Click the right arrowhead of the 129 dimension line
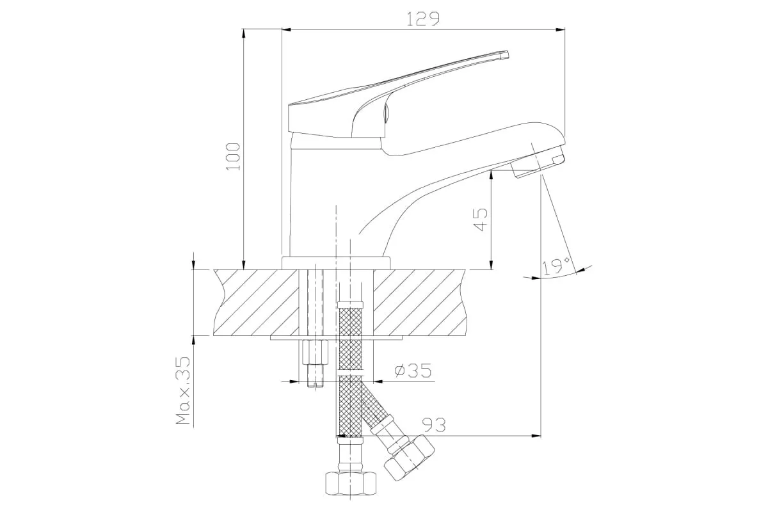click(560, 30)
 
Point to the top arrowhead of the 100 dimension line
click(243, 34)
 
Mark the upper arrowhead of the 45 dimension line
click(492, 175)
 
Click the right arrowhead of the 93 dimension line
click(536, 436)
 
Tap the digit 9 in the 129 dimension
click(433, 19)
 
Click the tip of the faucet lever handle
click(508, 55)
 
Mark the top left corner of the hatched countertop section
click(214, 270)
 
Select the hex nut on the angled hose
click(410, 458)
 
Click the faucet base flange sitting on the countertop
click(336, 263)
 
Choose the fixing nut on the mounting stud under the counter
click(316, 352)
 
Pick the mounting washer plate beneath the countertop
click(337, 338)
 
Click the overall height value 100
click(234, 157)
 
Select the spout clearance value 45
click(481, 220)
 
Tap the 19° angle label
click(556, 266)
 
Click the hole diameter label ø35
click(413, 371)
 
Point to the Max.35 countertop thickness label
click(183, 390)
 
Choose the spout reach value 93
click(434, 425)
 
